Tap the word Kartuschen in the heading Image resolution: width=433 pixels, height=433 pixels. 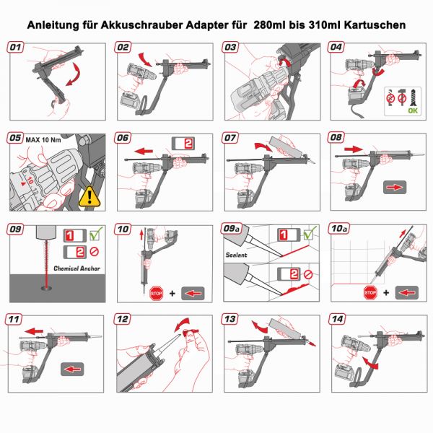pyautogui.click(x=372, y=25)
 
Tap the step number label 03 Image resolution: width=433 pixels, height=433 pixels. pyautogui.click(x=231, y=48)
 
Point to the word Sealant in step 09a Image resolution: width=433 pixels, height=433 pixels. pyautogui.click(x=237, y=254)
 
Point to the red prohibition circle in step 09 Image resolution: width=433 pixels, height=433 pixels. pyautogui.click(x=94, y=252)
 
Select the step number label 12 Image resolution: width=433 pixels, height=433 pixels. pyautogui.click(x=123, y=319)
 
